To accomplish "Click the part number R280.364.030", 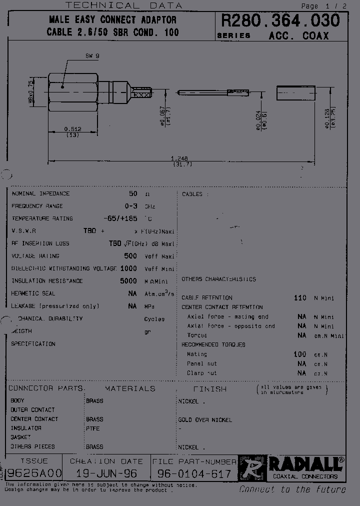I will [x=280, y=20].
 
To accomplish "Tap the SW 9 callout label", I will [x=92, y=57].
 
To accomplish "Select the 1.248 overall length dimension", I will [x=182, y=158].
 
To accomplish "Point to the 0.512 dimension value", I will [x=72, y=128].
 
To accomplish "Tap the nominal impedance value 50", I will [x=133, y=193].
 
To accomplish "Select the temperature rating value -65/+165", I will [x=120, y=218].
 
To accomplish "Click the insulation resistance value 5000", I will [x=128, y=281].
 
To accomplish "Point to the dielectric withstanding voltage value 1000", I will [x=128, y=268].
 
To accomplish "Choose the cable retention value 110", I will [x=300, y=298].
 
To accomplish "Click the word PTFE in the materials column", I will [x=93, y=428].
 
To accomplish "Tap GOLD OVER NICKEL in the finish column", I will [x=205, y=420].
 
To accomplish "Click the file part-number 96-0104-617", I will [x=194, y=473].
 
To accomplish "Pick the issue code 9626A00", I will [x=33, y=473].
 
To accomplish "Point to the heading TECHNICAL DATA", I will [x=124, y=5].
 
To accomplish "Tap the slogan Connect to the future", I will [x=292, y=489].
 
